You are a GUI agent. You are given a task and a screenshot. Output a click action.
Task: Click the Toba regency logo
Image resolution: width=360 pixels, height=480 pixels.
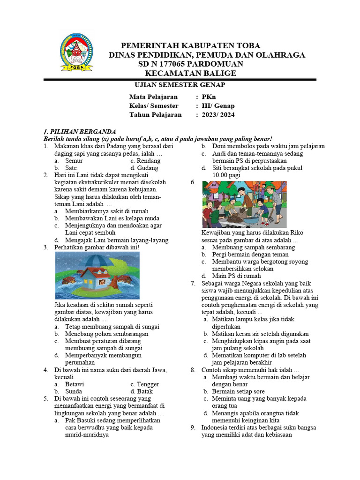(76, 52)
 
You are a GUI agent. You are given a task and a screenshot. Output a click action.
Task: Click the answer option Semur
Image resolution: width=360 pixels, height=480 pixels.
(74, 160)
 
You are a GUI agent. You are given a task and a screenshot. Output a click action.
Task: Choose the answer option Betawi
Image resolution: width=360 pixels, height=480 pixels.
(75, 384)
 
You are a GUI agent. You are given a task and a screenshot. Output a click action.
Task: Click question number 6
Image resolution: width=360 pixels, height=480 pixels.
(193, 183)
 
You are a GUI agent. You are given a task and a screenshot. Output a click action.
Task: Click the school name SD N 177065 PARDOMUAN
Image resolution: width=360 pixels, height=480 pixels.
(191, 64)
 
